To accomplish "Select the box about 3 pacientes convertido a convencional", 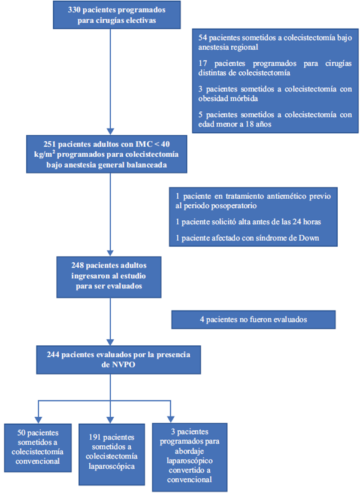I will click(181, 456).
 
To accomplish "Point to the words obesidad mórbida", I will click(224, 98).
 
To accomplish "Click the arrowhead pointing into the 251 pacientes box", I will click(109, 132).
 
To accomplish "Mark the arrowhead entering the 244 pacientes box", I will click(109, 342).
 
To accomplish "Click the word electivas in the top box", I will click(138, 20).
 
